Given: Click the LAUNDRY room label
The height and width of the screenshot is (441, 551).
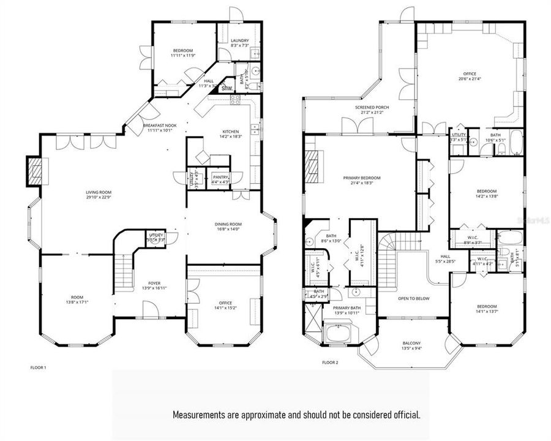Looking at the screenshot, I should coord(239,40).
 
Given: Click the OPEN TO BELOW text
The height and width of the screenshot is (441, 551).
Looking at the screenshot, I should coord(413,298).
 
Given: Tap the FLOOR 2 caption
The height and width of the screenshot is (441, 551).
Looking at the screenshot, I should coord(329,363).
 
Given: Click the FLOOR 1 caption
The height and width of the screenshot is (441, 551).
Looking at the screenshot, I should coord(38,367).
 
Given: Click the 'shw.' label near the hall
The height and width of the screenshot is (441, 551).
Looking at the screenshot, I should coord(227,88).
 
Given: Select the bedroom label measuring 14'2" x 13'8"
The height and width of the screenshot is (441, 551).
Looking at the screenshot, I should coord(487,190).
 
